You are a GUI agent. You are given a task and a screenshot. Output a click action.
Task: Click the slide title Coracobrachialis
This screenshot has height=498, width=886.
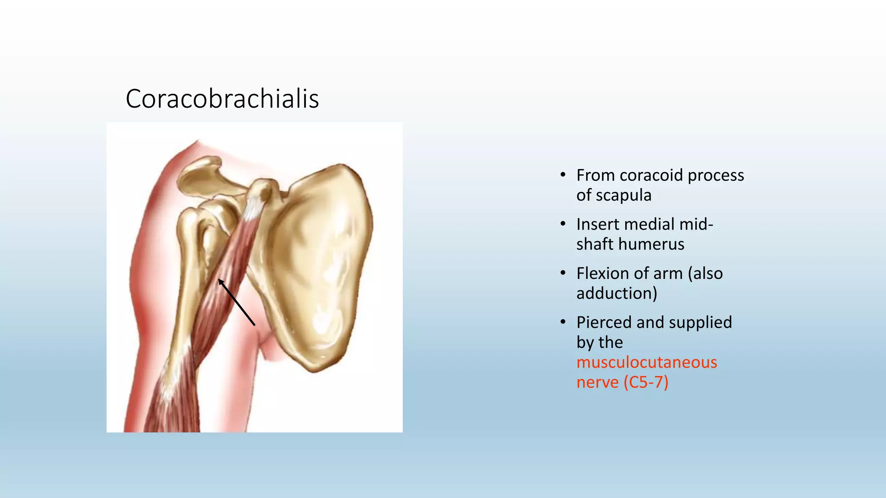click(222, 99)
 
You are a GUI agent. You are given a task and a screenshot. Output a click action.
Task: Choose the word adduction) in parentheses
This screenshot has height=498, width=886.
click(616, 294)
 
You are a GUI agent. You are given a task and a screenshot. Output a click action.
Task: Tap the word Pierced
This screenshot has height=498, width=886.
click(604, 322)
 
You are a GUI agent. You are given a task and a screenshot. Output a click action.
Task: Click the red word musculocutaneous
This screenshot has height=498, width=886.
click(646, 362)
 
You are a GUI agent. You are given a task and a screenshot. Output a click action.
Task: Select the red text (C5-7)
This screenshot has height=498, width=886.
click(646, 382)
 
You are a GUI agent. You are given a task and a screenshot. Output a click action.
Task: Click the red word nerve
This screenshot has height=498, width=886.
click(597, 382)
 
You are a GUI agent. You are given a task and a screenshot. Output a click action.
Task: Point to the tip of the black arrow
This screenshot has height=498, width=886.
click(219, 280)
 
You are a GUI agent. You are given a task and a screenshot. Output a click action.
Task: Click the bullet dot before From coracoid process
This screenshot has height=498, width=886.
click(562, 175)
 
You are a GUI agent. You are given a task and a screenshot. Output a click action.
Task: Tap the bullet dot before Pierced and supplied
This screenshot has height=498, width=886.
click(562, 322)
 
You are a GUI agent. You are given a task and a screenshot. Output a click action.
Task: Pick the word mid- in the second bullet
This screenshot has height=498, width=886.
click(696, 224)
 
